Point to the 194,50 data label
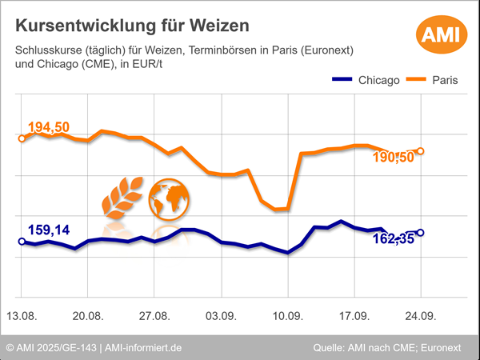[49, 128]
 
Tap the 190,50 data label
[394, 158]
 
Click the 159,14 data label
[49, 230]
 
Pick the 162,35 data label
[394, 238]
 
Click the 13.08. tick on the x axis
[22, 315]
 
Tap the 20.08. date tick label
[88, 315]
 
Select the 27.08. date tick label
[154, 315]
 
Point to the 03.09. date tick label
[221, 315]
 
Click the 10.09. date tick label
[287, 315]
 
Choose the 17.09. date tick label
[354, 315]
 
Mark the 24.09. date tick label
[420, 315]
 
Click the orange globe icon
[169, 198]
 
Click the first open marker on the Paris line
[22, 138]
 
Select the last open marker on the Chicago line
[421, 233]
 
